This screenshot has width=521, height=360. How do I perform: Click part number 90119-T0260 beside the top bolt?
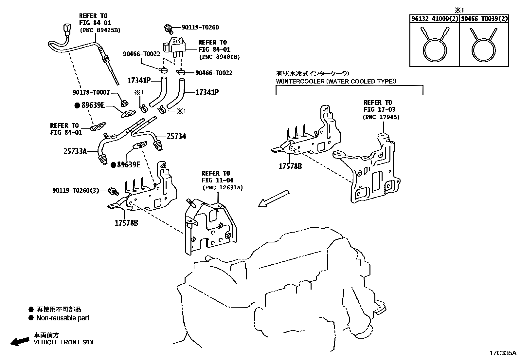(196, 28)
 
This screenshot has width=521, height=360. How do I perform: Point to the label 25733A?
(75, 152)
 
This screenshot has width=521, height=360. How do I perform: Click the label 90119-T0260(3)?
(76, 190)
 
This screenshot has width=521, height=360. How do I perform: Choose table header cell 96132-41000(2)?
(434, 19)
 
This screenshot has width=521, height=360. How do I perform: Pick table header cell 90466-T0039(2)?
(484, 19)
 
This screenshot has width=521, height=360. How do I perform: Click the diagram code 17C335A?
(502, 353)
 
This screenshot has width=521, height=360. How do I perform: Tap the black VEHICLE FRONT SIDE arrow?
(19, 342)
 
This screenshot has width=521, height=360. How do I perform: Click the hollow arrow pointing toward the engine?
(274, 199)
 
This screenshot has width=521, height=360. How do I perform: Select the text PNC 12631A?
(223, 188)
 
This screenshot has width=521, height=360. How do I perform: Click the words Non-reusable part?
(63, 318)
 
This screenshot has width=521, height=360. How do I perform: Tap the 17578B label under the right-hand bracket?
(290, 166)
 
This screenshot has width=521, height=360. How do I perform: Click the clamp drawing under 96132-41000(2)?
(434, 46)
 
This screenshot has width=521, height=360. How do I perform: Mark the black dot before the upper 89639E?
(77, 105)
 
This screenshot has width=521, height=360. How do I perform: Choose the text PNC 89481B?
(219, 57)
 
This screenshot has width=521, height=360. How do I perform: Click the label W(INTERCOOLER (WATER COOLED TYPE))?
(336, 81)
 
